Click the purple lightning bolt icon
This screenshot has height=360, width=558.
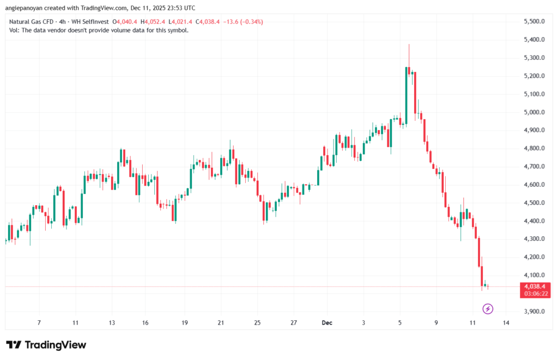488,309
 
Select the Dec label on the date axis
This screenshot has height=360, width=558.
327,323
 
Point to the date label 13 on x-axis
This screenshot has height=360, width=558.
112,323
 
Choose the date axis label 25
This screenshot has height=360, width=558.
257,323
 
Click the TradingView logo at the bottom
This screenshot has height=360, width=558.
46,345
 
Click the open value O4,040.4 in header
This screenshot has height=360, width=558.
125,22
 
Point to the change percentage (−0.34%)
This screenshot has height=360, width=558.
250,22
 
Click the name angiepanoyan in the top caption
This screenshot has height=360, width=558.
24,8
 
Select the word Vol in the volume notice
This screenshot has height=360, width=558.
15,30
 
